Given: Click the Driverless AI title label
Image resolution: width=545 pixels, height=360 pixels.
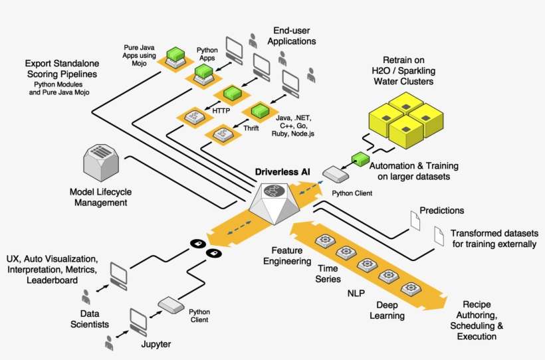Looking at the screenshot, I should point(282,172).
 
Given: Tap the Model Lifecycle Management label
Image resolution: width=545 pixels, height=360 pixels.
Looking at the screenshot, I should point(101,197).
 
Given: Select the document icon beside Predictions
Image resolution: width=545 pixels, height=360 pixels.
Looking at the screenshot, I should point(415,220).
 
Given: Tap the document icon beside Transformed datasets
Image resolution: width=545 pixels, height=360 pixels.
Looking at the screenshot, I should point(439,236).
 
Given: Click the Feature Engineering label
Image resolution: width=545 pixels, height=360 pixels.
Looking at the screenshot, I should point(287,257).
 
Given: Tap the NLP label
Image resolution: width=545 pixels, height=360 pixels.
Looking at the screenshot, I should point(357,293).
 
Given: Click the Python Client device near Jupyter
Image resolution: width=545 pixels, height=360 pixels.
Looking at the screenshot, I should point(170,306).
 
